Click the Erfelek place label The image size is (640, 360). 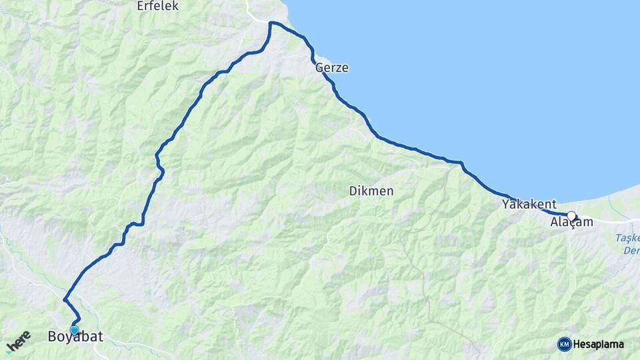tap(158, 6)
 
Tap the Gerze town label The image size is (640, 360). tap(332, 68)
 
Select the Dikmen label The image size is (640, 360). tap(371, 191)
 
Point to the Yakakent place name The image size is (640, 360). tap(529, 203)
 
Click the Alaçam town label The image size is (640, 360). tap(571, 223)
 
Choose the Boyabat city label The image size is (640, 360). tap(75, 337)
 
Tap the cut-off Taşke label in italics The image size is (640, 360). tap(627, 238)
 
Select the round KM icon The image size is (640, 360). tap(565, 344)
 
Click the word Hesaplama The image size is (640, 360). tap(598, 345)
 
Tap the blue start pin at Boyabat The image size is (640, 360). tap(74, 329)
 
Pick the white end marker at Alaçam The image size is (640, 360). tap(571, 215)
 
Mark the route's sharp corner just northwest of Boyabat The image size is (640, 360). tap(64, 299)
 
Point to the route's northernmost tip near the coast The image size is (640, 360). tap(271, 23)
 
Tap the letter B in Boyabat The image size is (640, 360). tap(52, 337)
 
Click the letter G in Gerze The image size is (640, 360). tap(319, 68)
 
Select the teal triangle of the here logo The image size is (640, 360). tap(9, 350)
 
